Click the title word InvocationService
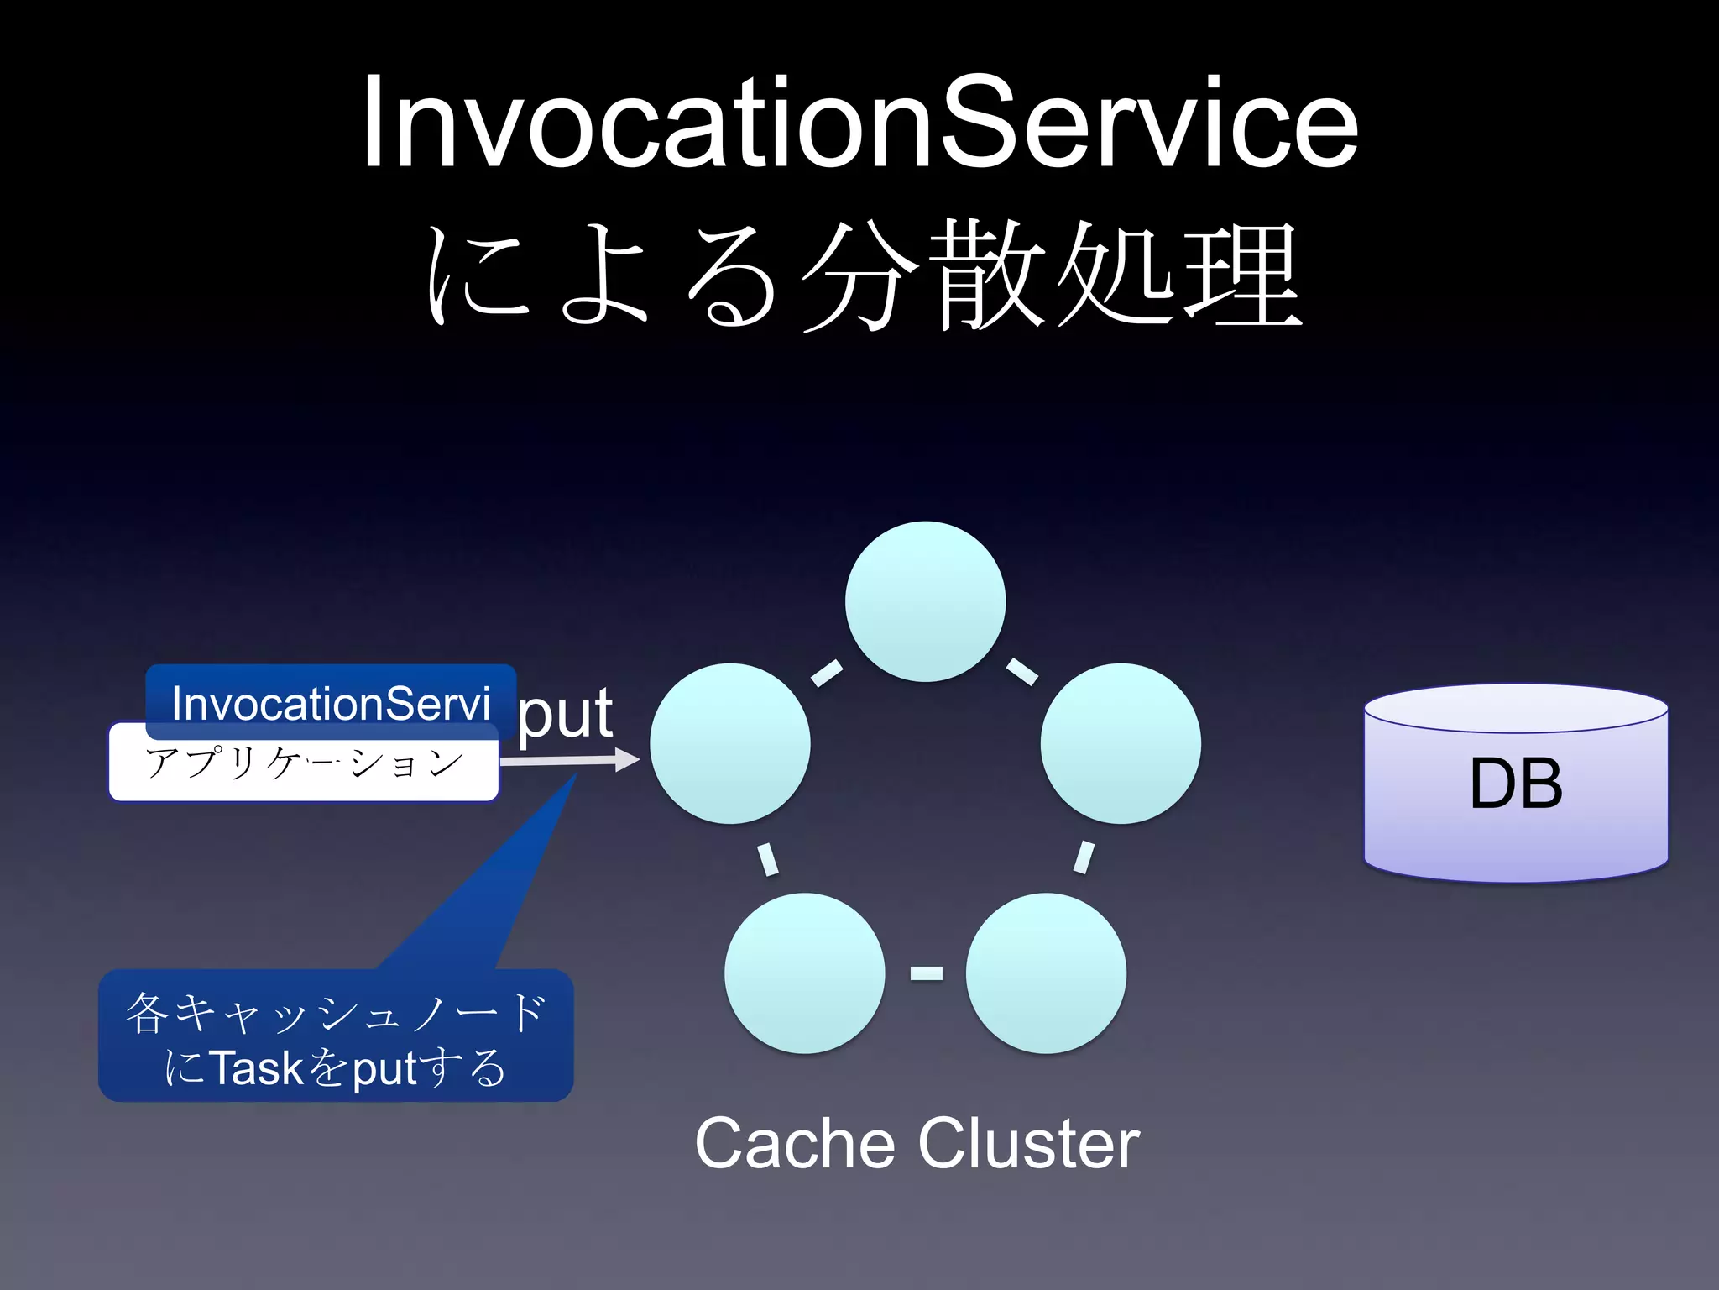[x=859, y=124]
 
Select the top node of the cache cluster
[x=925, y=601]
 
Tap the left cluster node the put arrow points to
[x=729, y=743]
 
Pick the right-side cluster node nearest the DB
[x=1121, y=743]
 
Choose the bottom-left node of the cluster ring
[x=804, y=973]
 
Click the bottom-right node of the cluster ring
[x=1046, y=973]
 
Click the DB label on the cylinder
[x=1516, y=784]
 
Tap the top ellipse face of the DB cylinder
[x=1516, y=708]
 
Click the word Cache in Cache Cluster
[x=794, y=1143]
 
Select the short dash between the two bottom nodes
[x=926, y=973]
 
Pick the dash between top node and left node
[x=827, y=673]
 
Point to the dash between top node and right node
[x=1022, y=671]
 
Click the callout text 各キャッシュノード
[x=336, y=1012]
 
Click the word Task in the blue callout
[x=256, y=1068]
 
